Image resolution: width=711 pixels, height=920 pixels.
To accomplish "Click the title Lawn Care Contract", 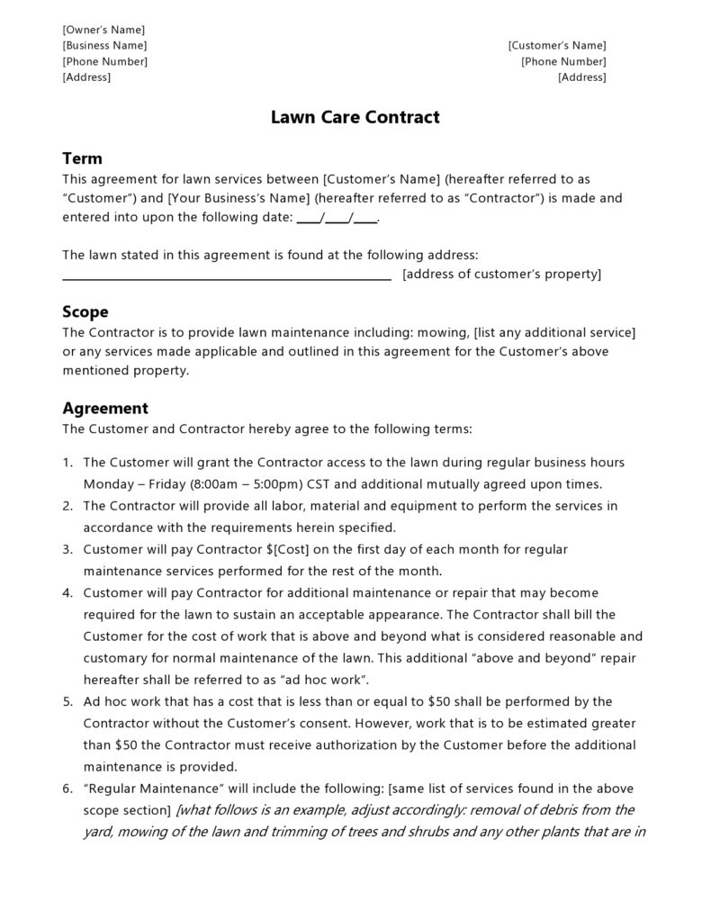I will click(355, 117).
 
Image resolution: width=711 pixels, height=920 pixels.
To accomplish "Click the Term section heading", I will click(82, 158).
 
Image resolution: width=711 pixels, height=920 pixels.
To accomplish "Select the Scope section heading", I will click(85, 311).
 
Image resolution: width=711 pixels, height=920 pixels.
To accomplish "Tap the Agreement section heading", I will click(104, 408).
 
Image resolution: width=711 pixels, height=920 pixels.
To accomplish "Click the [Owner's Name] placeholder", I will click(103, 30).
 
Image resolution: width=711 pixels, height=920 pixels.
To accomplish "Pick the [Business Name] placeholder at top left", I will click(104, 45).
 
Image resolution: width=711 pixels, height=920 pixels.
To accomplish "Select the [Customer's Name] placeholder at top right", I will click(556, 45).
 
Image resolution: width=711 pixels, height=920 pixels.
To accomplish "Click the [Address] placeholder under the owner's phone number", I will click(86, 77).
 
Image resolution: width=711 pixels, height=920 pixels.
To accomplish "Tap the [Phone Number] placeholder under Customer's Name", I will click(563, 61).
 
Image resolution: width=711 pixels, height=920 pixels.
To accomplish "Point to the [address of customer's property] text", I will click(501, 275).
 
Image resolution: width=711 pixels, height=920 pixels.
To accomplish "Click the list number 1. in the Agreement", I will click(67, 463).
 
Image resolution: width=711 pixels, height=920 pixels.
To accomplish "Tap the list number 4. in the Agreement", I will click(67, 593).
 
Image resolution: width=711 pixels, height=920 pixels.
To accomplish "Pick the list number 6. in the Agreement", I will click(67, 789).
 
